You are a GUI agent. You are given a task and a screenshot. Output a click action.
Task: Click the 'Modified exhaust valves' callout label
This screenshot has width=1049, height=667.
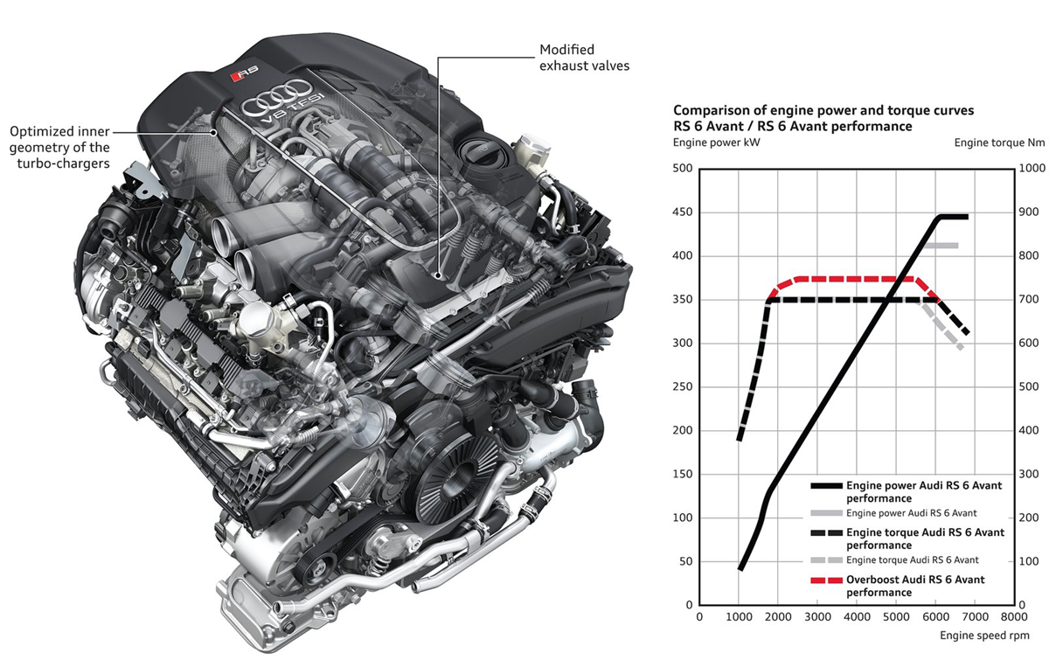click(x=584, y=58)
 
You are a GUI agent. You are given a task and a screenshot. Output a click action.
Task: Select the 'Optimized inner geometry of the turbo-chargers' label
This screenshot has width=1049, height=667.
click(x=59, y=147)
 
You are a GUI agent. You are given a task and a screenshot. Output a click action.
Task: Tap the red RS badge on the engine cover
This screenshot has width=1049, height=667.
click(x=245, y=73)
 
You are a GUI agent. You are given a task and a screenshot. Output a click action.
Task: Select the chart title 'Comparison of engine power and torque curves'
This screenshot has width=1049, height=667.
click(x=823, y=110)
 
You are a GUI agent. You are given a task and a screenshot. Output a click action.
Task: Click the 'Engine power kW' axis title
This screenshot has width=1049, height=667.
click(x=717, y=142)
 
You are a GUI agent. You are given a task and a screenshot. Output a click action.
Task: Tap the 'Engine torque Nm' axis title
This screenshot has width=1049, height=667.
click(x=999, y=142)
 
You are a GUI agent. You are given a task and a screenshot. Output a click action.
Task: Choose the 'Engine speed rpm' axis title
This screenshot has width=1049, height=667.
click(x=984, y=636)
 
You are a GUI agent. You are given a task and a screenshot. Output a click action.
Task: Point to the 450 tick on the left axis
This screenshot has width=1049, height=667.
click(x=683, y=212)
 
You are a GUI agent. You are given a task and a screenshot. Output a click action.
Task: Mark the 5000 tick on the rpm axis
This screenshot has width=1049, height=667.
click(x=896, y=616)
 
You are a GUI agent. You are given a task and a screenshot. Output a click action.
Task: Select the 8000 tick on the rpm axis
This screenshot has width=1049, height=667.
click(x=1014, y=616)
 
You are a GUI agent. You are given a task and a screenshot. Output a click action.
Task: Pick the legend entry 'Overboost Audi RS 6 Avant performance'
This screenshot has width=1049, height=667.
click(x=915, y=586)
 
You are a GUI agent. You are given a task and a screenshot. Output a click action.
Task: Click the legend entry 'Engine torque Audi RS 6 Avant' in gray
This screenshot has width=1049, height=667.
click(x=912, y=559)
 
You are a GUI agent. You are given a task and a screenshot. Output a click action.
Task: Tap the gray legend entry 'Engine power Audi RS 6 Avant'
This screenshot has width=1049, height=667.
click(x=911, y=513)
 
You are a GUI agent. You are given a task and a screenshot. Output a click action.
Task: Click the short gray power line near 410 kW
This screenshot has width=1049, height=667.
click(x=941, y=246)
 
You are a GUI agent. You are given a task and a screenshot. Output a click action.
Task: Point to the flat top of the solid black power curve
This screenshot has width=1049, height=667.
click(x=954, y=217)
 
